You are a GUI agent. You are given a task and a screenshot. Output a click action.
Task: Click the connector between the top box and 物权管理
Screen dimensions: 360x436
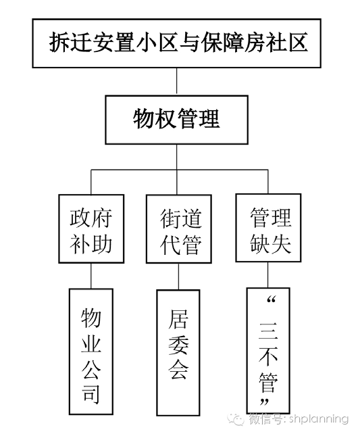(177, 82)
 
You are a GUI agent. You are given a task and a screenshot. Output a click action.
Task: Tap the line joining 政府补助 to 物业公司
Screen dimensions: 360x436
(91, 276)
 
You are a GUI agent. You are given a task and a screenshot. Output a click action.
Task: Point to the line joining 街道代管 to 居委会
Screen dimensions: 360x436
(178, 276)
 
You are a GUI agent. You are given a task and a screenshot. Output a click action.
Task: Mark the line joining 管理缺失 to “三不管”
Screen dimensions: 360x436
(268, 274)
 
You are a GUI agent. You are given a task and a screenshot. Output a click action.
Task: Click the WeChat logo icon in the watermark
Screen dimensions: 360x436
(235, 419)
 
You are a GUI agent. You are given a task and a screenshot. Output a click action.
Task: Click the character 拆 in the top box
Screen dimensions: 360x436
(59, 43)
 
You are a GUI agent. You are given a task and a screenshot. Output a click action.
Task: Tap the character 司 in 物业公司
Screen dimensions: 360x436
(91, 394)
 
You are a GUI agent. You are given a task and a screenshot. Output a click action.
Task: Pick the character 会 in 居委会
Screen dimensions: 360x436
(178, 370)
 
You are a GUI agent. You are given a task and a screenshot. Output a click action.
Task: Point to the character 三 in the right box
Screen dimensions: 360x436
(268, 331)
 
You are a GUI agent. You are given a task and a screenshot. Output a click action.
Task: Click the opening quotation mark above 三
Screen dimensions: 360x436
(271, 300)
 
